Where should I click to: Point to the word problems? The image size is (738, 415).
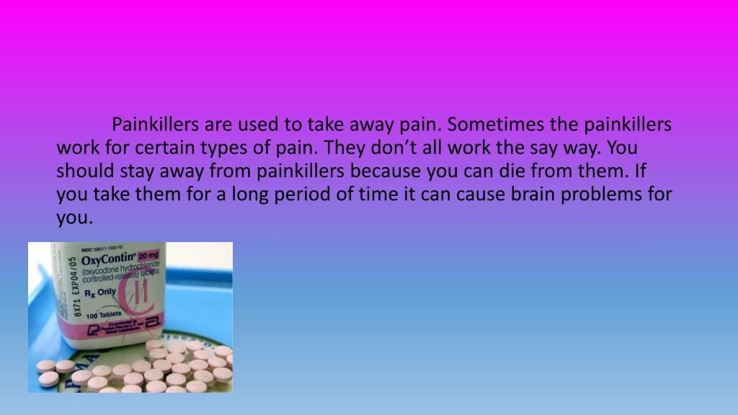coord(611,195)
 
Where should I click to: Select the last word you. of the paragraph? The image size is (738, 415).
coord(75,218)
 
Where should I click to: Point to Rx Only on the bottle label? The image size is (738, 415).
coord(101,293)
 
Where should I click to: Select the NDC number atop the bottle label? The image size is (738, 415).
coord(101,247)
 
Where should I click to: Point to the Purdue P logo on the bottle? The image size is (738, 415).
coord(93,329)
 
